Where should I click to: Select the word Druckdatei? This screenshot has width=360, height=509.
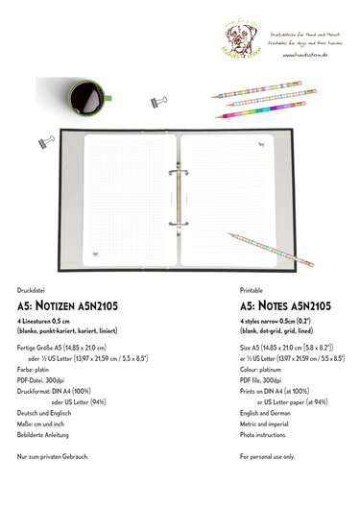[x=32, y=288]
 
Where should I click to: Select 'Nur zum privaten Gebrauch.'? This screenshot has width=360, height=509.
[x=54, y=458]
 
